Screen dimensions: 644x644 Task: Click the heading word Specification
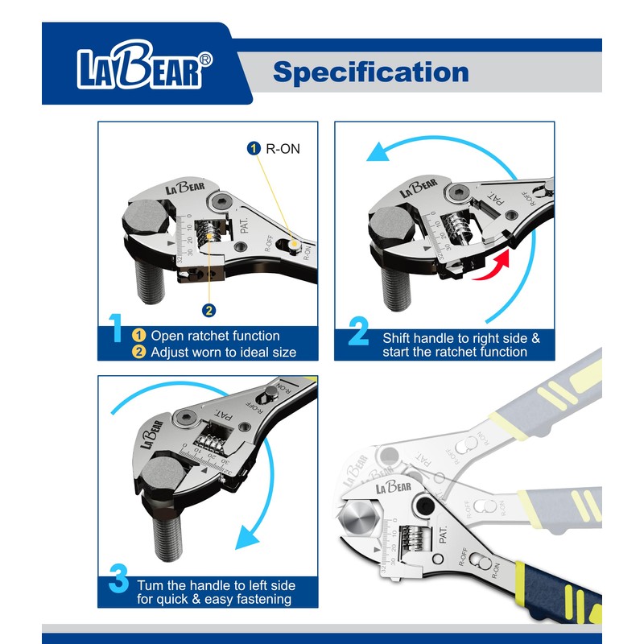click(370, 72)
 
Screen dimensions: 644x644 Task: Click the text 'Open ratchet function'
click(216, 336)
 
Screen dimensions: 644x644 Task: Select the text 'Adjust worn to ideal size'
click(224, 352)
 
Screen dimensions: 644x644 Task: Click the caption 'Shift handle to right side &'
click(461, 338)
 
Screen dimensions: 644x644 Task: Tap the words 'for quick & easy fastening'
click(214, 599)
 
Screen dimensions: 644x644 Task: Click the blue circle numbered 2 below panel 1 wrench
click(208, 310)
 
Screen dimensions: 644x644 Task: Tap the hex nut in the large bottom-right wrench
click(361, 518)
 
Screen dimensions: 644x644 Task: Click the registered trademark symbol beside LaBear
click(206, 59)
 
